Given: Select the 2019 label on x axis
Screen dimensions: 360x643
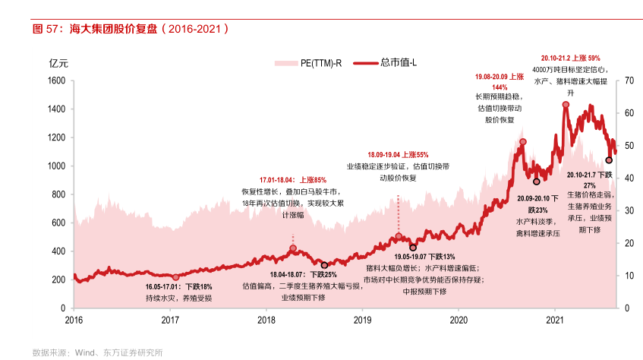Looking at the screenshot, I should (364, 320).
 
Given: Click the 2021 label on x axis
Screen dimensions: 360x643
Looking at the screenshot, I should (556, 320).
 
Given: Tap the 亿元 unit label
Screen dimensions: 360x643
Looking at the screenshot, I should (58, 63).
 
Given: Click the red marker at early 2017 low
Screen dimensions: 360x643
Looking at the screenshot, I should (175, 277).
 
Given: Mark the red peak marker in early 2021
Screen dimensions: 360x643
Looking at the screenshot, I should (566, 105).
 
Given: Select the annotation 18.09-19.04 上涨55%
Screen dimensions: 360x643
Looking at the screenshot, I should (398, 154).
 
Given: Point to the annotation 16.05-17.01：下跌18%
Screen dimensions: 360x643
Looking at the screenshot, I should (179, 287).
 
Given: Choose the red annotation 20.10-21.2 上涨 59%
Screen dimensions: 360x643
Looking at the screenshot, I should (570, 58).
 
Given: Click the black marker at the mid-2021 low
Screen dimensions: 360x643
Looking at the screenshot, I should (609, 159).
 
